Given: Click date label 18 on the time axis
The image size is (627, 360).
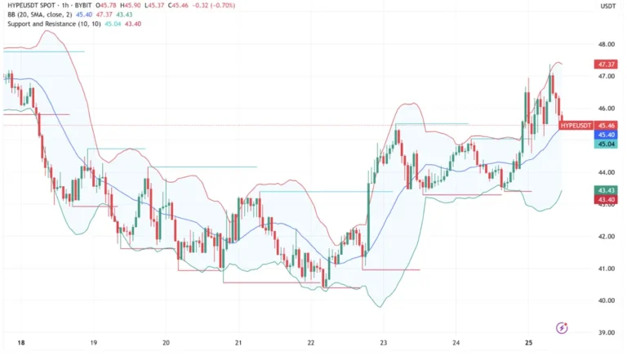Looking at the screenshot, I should (x=21, y=344).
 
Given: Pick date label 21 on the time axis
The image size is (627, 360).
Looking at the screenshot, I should (x=238, y=344).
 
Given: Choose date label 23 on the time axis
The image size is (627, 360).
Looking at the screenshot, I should (x=384, y=344).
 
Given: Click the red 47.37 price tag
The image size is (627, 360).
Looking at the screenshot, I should (x=607, y=64).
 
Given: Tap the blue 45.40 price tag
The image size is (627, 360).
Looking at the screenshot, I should (x=607, y=135).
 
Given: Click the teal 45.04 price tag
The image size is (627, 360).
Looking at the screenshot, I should (x=607, y=144).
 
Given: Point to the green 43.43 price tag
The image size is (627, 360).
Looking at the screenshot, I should (x=607, y=190).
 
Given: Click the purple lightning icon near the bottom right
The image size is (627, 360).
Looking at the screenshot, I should (x=562, y=328).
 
